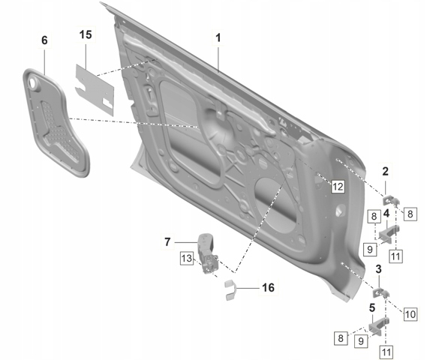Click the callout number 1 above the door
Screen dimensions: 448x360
(x=218, y=37)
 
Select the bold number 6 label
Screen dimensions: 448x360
(x=44, y=40)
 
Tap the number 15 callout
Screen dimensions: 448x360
(x=86, y=34)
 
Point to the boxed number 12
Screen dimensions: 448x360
(x=338, y=187)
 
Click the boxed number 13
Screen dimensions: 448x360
(x=187, y=258)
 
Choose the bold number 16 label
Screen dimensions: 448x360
(x=268, y=287)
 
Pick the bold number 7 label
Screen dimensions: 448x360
(x=167, y=242)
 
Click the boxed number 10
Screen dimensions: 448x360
(x=410, y=314)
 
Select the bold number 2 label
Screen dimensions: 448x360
(x=385, y=172)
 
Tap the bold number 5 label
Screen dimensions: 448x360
(x=371, y=308)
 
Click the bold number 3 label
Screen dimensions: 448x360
(x=378, y=269)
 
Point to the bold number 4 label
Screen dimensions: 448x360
(x=386, y=213)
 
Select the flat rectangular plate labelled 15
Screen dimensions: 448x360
(x=95, y=89)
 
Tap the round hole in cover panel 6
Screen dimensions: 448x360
(x=33, y=82)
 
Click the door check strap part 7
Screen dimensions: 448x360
(x=207, y=253)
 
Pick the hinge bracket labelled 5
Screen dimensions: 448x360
(x=378, y=325)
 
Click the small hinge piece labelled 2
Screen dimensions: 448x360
(x=389, y=199)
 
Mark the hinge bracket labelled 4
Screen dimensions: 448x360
(x=388, y=233)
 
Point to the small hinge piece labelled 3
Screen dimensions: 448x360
(x=380, y=292)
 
